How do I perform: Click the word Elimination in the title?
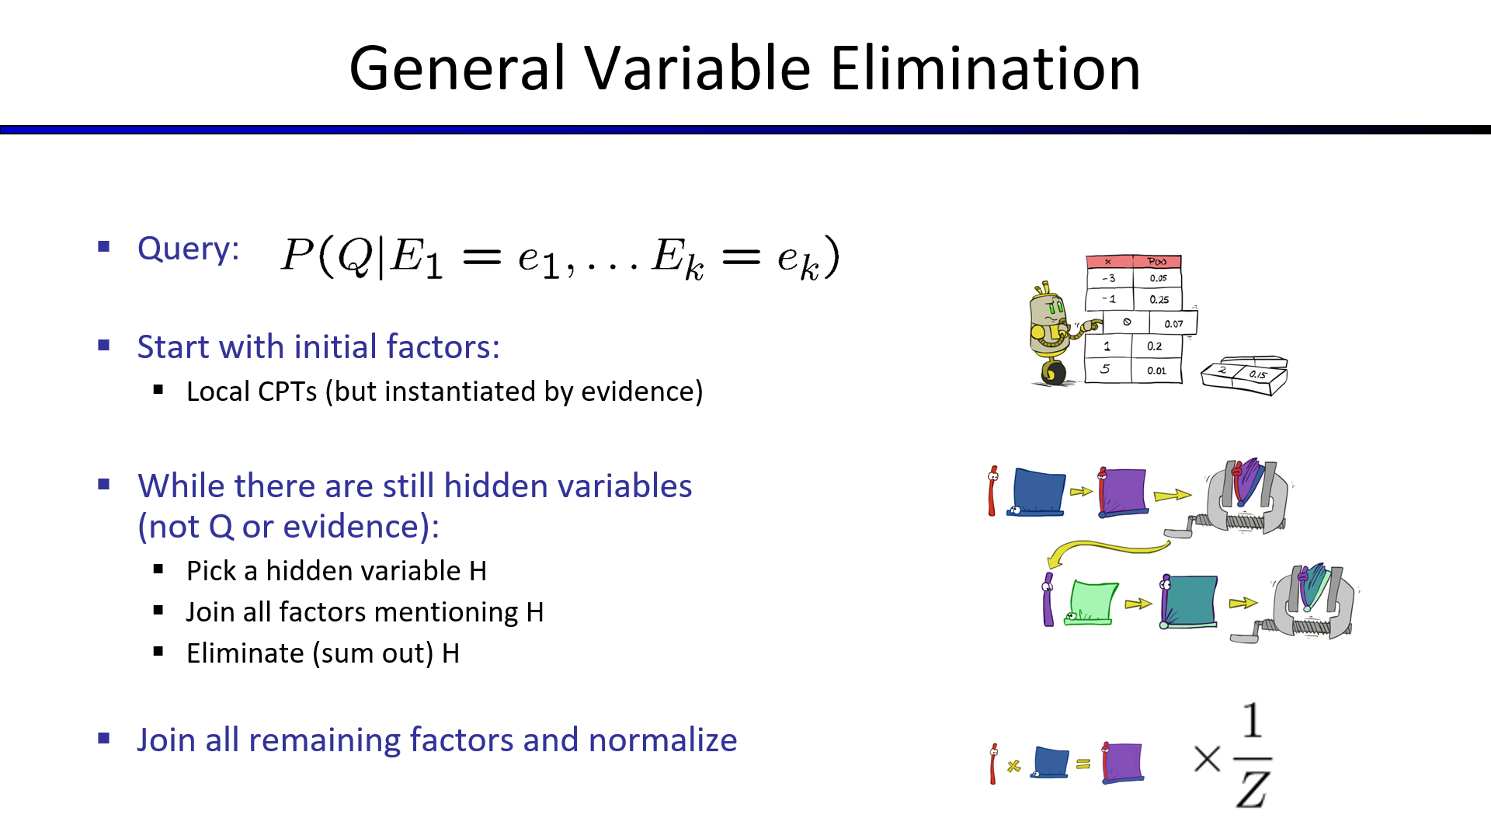[985, 68]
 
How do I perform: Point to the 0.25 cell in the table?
[1159, 299]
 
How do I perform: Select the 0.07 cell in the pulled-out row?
[1173, 323]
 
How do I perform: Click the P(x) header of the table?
[1157, 262]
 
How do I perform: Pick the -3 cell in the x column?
[1109, 278]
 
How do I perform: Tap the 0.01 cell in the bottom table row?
[1156, 371]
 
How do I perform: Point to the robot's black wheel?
[1053, 373]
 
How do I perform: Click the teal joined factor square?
[1189, 601]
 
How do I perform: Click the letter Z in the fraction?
[1253, 789]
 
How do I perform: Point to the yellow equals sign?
[1083, 764]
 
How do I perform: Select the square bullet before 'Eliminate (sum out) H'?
[158, 652]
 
